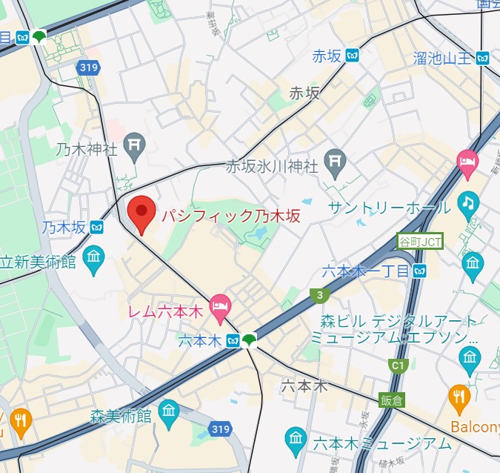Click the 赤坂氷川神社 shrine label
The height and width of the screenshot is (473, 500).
(272, 165)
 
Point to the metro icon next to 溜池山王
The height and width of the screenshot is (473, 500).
(484, 57)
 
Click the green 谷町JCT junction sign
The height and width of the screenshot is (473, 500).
(420, 241)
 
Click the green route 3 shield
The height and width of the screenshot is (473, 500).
(320, 295)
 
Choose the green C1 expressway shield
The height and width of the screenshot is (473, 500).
(399, 365)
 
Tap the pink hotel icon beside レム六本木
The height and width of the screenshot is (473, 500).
(219, 303)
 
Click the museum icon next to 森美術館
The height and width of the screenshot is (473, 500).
(169, 410)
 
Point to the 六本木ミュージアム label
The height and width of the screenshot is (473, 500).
(381, 443)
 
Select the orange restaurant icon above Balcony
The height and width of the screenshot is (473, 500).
(459, 399)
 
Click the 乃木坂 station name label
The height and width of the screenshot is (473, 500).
(64, 227)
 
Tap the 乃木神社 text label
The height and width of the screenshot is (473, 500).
(87, 149)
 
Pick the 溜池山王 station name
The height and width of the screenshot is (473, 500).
(442, 58)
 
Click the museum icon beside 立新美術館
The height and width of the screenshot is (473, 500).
(94, 260)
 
